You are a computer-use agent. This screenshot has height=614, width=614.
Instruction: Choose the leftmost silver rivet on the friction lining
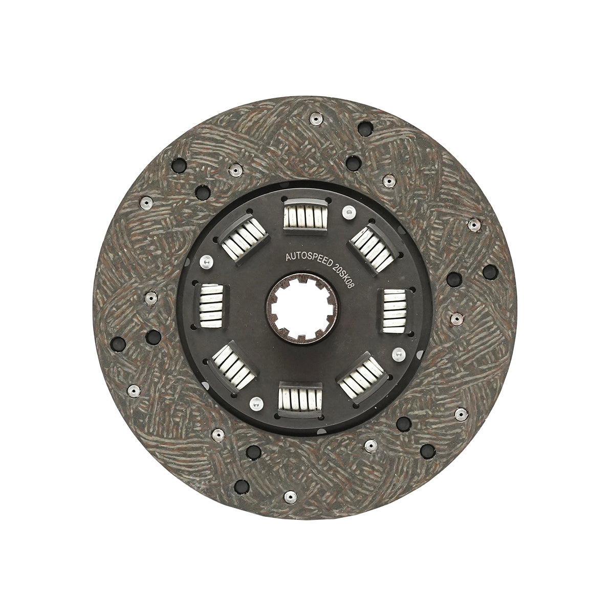[x=132, y=389]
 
